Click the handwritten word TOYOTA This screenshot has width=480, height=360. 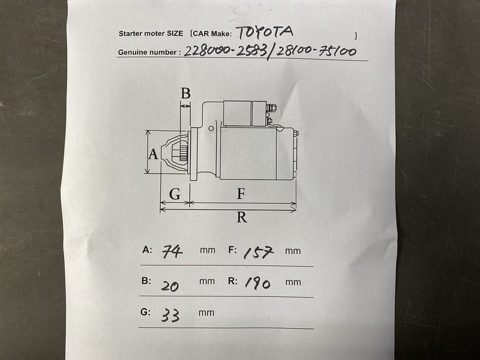pyautogui.click(x=265, y=32)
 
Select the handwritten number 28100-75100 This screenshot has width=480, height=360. pyautogui.click(x=316, y=51)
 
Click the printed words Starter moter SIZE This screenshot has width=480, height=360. pyautogui.click(x=151, y=34)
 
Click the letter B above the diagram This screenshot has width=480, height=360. pyautogui.click(x=185, y=93)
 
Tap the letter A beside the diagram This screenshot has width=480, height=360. pyautogui.click(x=153, y=154)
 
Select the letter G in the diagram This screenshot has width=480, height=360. pyautogui.click(x=175, y=194)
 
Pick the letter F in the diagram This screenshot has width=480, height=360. pyautogui.click(x=241, y=194)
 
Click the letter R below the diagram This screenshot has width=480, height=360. pyautogui.click(x=242, y=217)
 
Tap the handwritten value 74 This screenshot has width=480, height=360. pyautogui.click(x=172, y=252)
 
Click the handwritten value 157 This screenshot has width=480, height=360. pyautogui.click(x=258, y=252)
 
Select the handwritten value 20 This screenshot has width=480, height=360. pyautogui.click(x=170, y=286)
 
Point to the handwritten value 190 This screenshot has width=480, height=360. pyautogui.click(x=258, y=283)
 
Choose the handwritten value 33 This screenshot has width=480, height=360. pyautogui.click(x=170, y=315)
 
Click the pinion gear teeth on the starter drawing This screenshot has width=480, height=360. pyautogui.click(x=184, y=152)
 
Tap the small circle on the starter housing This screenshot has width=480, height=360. pyautogui.click(x=211, y=128)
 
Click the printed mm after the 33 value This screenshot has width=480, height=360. pyautogui.click(x=206, y=313)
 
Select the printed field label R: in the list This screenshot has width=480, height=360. pyautogui.click(x=233, y=281)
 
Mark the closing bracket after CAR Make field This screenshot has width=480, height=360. pyautogui.click(x=355, y=36)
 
